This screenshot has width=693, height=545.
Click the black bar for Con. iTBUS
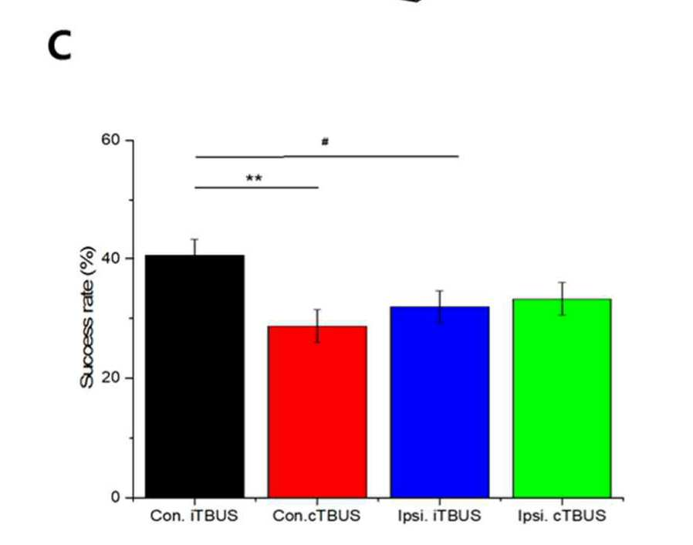(x=194, y=376)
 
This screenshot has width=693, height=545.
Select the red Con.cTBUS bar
(x=317, y=412)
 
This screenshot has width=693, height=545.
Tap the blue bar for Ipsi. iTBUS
(x=440, y=402)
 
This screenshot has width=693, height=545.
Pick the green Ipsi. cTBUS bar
(x=562, y=398)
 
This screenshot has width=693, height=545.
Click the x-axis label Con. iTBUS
(x=194, y=516)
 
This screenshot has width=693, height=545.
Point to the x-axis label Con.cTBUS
(x=316, y=516)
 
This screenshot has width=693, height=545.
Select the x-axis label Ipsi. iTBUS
(x=439, y=516)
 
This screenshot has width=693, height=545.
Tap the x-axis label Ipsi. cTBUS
(x=562, y=516)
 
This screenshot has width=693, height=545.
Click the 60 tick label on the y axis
(x=110, y=139)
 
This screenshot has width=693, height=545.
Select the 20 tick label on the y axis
(x=110, y=377)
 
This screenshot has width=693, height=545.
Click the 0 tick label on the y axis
(x=115, y=497)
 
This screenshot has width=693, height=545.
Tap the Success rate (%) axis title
(x=87, y=317)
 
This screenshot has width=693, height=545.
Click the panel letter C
(x=59, y=47)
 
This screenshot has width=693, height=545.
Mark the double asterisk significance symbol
(x=254, y=178)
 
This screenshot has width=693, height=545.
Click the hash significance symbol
(x=325, y=141)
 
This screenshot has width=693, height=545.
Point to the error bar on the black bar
(x=194, y=247)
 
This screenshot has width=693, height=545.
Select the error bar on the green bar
(x=562, y=299)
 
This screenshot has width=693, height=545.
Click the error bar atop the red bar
(x=317, y=326)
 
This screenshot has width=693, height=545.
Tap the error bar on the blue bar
(x=440, y=306)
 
